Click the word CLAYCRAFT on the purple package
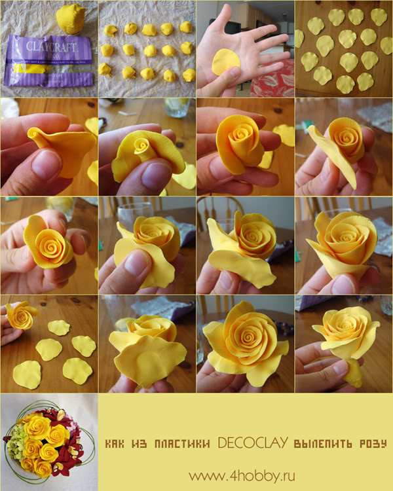[x=51, y=46]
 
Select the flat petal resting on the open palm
[x=225, y=62]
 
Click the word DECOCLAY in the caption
[x=253, y=443]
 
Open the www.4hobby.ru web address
[x=242, y=476]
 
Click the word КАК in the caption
[x=114, y=443]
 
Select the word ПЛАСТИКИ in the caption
[x=182, y=443]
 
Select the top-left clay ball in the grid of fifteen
[x=110, y=30]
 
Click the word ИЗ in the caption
[x=139, y=443]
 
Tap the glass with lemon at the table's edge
[x=178, y=107]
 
